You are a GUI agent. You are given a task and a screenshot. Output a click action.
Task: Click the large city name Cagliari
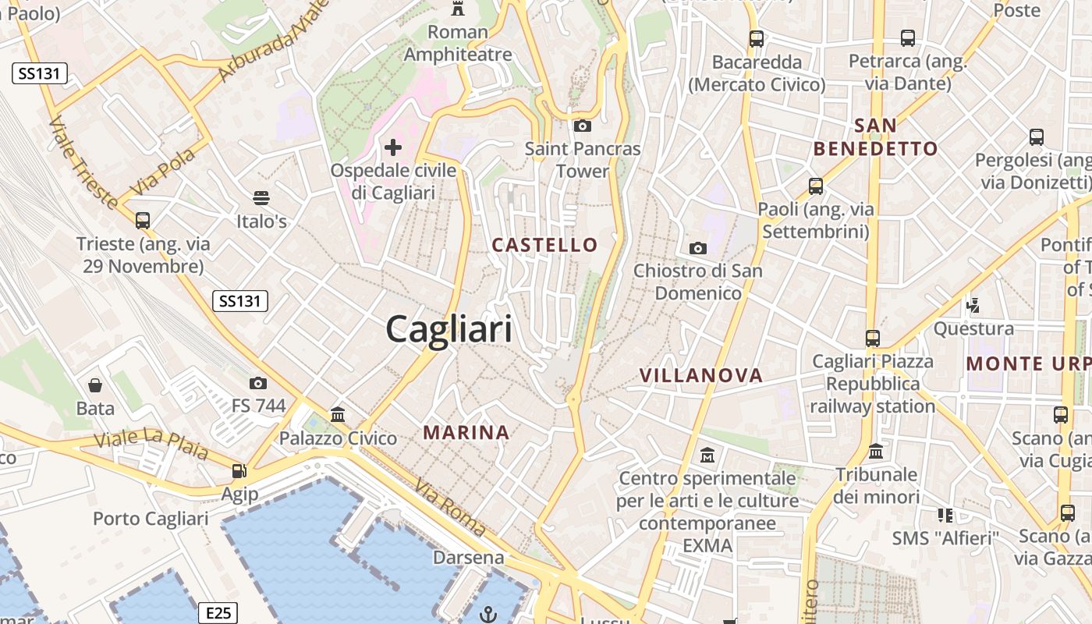tap(449, 329)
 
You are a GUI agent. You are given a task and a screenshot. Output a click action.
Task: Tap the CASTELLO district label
tap(544, 245)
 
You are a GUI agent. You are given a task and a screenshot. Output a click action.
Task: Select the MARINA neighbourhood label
tap(466, 432)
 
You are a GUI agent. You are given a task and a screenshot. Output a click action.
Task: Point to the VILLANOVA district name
tap(700, 375)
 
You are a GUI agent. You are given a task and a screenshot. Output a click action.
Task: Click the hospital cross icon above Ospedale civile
tap(393, 147)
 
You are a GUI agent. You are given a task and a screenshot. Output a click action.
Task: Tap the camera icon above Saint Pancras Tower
tap(582, 126)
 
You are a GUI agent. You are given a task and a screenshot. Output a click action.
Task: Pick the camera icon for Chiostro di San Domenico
tap(698, 248)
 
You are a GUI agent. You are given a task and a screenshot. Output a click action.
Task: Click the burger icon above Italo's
tap(261, 198)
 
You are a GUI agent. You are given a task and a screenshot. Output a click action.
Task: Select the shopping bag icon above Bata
tap(95, 385)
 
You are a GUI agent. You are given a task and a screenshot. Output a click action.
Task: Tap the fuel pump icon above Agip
tap(239, 471)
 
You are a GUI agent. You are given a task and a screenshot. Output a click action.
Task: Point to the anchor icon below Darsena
tap(487, 614)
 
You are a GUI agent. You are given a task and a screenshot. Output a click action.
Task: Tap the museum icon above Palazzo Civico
tap(338, 414)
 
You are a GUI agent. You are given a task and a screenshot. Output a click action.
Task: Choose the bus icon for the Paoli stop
tap(816, 186)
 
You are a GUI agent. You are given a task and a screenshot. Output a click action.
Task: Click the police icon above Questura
tap(973, 304)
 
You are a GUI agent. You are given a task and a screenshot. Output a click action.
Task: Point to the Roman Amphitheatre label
tap(458, 43)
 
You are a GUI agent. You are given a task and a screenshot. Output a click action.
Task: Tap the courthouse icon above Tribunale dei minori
tap(876, 452)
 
